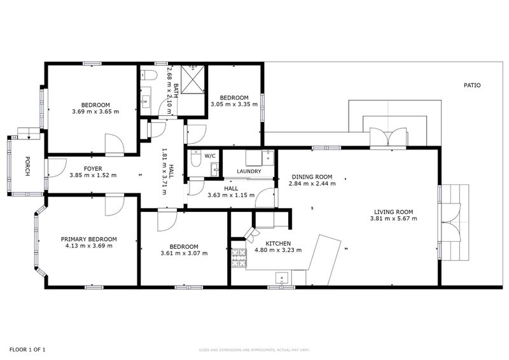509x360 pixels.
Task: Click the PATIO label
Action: [471, 85]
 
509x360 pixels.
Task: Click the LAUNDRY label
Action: [248, 172]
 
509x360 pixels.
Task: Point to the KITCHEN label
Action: [278, 244]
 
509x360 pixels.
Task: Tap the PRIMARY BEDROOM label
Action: [88, 239]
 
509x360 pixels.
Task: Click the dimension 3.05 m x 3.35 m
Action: [234, 104]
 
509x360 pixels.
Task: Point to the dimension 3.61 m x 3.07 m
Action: [183, 253]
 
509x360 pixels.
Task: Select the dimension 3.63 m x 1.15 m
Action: [230, 195]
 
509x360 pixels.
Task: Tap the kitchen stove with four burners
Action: [238, 258]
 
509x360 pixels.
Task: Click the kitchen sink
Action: [282, 277]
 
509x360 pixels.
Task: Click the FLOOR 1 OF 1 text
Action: [27, 349]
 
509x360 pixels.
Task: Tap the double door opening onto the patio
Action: [388, 137]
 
